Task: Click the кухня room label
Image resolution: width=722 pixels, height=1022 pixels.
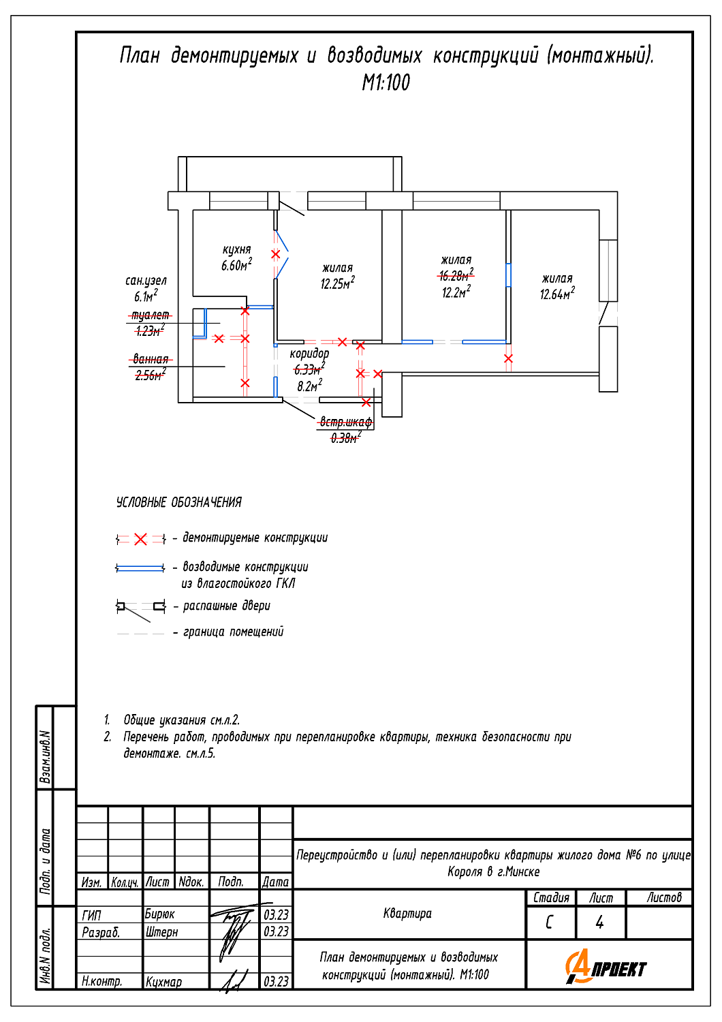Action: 237,249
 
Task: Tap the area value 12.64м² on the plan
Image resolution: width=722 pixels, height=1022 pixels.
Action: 557,294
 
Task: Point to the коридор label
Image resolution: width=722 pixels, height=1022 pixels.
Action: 309,354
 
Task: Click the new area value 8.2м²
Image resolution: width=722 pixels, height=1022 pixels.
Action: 310,386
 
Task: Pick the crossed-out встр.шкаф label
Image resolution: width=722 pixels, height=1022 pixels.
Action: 346,422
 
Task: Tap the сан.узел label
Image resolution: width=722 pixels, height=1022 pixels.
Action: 146,281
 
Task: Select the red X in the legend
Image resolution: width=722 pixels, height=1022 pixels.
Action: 140,540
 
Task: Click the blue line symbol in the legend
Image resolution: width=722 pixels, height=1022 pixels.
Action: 140,568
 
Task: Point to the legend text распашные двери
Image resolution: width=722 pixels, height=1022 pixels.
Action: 227,606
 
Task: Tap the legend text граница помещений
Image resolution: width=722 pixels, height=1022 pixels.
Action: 233,632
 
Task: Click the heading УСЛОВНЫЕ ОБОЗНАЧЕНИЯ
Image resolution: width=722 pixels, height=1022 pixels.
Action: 178,502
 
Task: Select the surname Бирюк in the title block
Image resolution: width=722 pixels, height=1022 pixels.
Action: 159,914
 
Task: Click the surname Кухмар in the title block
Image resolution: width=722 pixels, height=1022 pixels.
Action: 163,981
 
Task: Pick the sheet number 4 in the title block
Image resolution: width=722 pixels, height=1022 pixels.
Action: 599,923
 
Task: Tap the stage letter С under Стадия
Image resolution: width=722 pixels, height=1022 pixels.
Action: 549,923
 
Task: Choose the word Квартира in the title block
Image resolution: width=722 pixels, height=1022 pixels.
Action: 407,914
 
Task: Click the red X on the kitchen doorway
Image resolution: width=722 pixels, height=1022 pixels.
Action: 275,255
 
